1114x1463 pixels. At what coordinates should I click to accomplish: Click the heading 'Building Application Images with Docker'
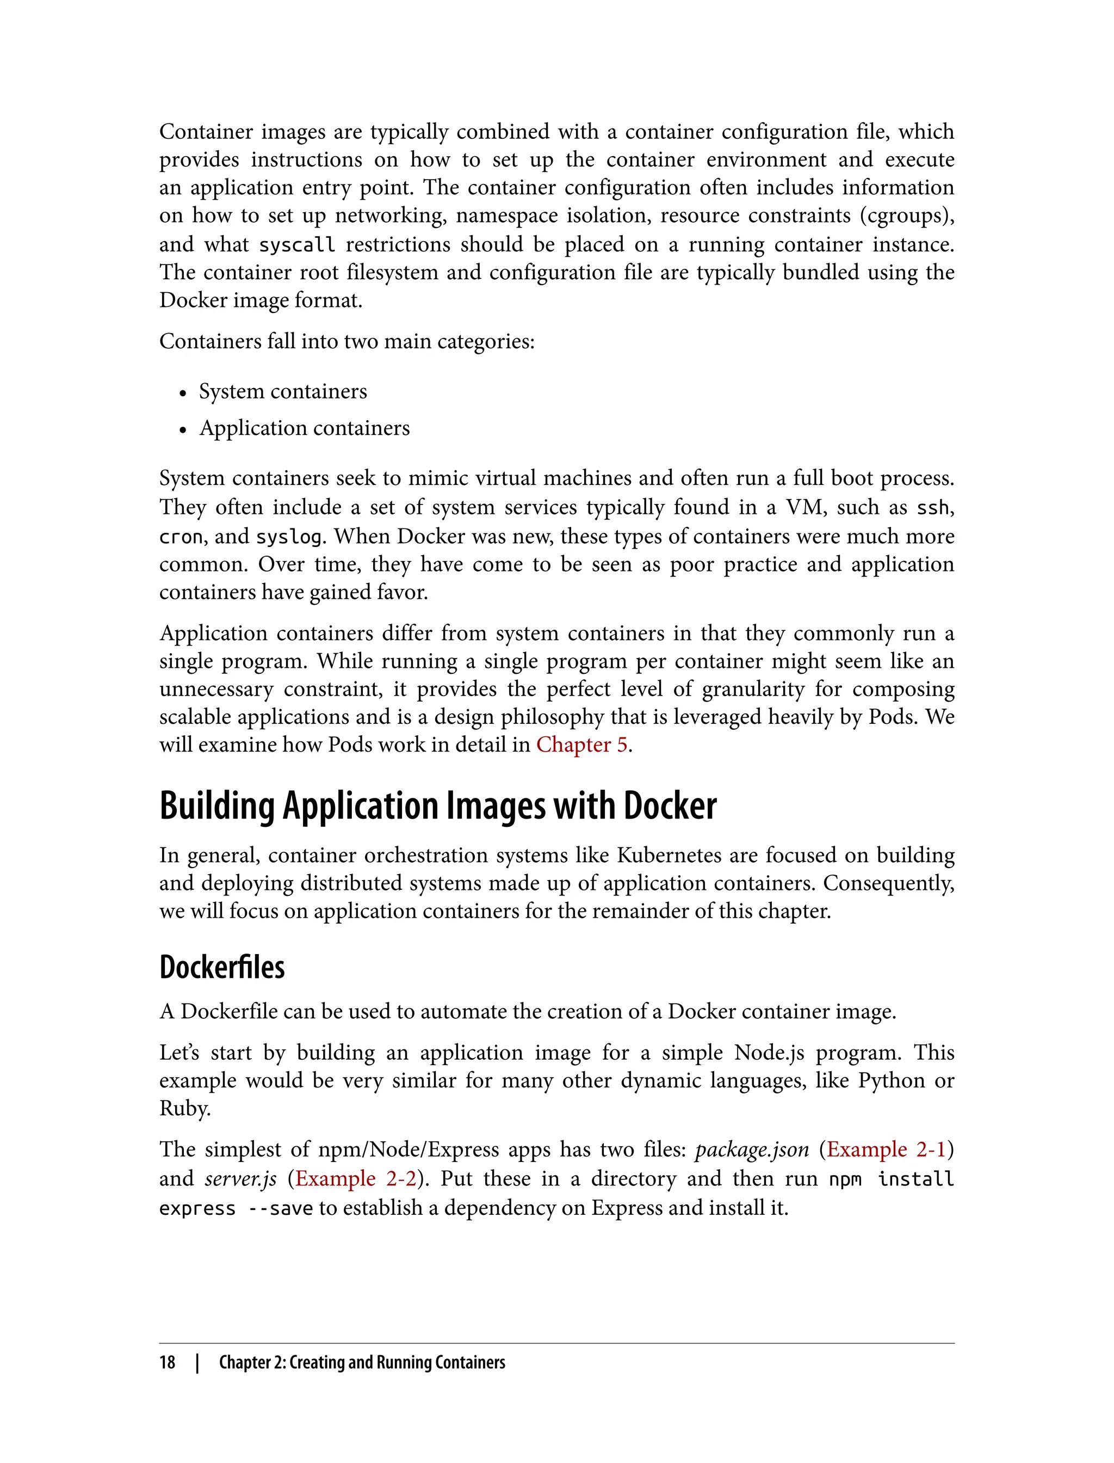coord(438,806)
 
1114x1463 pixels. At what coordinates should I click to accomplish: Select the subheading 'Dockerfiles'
coord(222,967)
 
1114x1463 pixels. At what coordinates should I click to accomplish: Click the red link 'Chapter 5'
coord(581,745)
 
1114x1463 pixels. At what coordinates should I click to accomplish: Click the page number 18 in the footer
coord(167,1362)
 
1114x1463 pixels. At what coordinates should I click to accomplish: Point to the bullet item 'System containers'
coord(282,391)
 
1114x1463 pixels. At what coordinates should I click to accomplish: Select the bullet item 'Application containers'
coord(305,428)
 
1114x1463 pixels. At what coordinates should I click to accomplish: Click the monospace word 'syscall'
coord(296,245)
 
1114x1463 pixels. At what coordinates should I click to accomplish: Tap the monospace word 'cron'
coord(181,537)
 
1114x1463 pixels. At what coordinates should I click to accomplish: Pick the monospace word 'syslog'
coord(289,537)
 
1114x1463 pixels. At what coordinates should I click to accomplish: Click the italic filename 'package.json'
coord(751,1149)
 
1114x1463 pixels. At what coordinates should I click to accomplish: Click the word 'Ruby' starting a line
coord(184,1109)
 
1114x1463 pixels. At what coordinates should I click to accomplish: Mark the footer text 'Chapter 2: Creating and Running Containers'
coord(362,1362)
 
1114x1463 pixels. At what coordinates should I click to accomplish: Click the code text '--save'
coord(280,1208)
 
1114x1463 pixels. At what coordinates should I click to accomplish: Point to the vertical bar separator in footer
coord(197,1362)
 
